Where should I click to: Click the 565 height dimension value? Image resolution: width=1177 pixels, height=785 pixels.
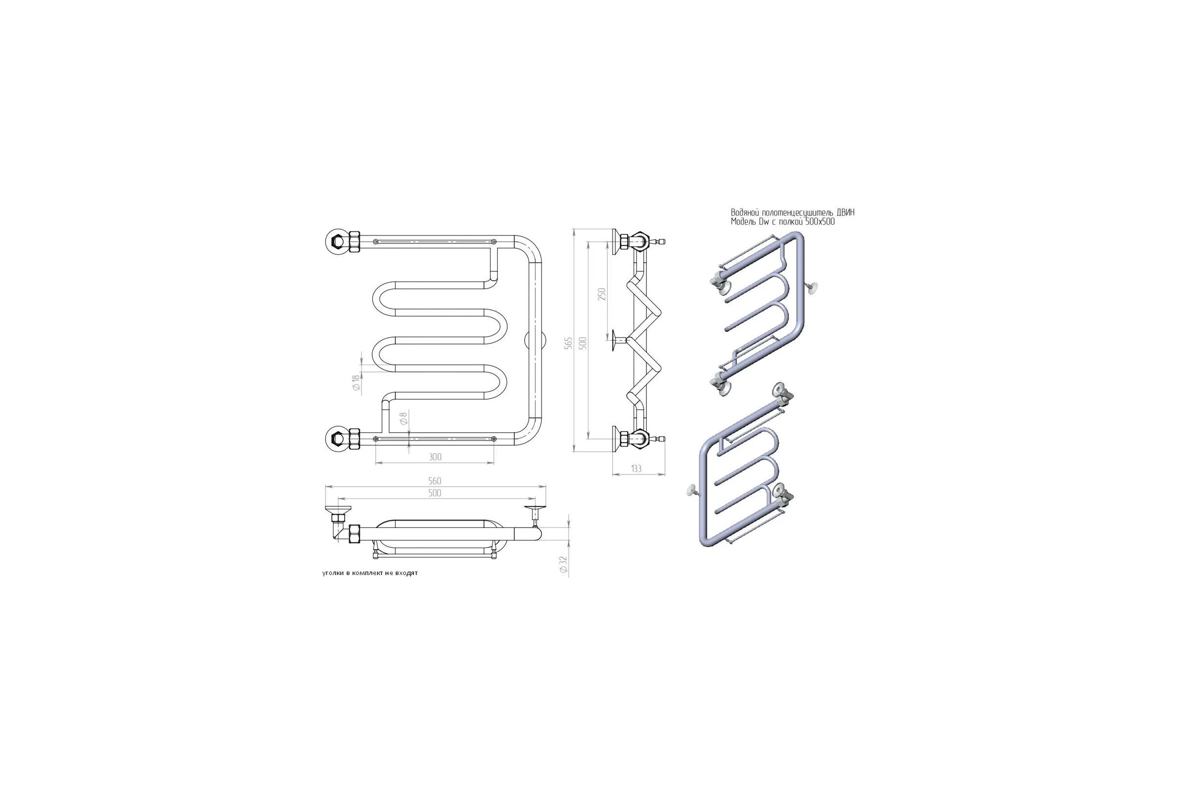[x=568, y=343]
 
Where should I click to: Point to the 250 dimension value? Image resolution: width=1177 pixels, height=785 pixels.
[x=602, y=294]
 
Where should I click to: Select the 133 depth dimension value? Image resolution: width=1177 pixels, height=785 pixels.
[x=636, y=469]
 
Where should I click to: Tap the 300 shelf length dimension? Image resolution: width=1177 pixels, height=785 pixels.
[x=435, y=457]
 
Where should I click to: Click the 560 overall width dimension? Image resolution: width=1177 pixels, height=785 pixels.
[x=435, y=481]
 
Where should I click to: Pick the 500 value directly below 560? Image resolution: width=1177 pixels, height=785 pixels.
[x=435, y=493]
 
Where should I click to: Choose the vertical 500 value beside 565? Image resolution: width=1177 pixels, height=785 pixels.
[x=583, y=343]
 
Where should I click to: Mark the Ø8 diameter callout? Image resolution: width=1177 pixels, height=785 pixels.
[x=404, y=419]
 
